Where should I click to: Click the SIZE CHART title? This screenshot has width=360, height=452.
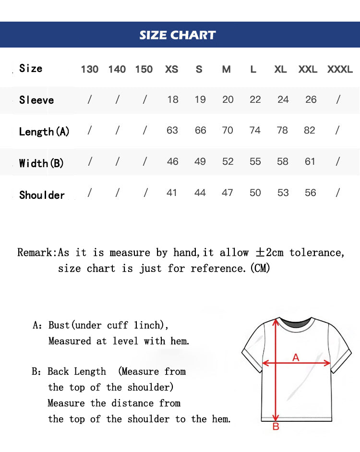pos(178,35)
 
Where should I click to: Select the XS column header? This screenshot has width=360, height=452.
pos(171,69)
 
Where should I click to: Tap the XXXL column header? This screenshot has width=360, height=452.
pos(340,69)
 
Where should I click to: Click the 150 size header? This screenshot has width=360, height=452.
pos(144,69)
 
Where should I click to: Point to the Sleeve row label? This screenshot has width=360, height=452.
pos(36,100)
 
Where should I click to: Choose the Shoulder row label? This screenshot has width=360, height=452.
pos(42,195)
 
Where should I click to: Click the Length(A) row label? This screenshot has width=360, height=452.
pos(44,132)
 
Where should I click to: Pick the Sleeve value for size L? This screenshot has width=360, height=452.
pos(255,99)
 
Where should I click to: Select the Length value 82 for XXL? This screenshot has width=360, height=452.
pos(310,130)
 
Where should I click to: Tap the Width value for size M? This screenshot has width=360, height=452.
pos(228,162)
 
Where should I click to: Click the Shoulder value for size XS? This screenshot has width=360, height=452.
pos(172,193)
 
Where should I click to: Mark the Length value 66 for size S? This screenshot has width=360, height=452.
pos(200,130)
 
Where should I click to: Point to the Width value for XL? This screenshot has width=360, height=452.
pos(283,162)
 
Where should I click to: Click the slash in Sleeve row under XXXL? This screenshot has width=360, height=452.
pos(338,99)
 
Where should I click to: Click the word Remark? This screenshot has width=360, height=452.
pos(36,253)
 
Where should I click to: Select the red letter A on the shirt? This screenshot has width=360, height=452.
pos(296,357)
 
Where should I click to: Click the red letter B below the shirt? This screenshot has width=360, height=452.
pos(276,427)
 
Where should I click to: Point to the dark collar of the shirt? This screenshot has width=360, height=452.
pos(293,323)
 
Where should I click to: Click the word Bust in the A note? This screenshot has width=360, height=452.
pos(59,325)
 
